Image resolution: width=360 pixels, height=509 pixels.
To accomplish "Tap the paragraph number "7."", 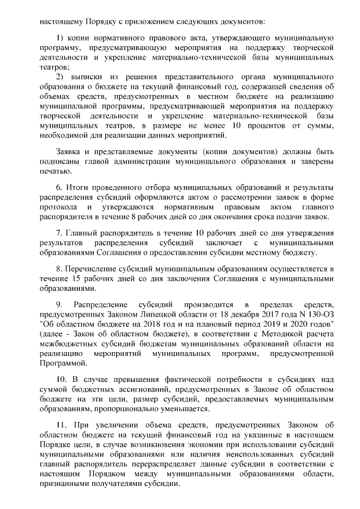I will coord(60,233).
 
